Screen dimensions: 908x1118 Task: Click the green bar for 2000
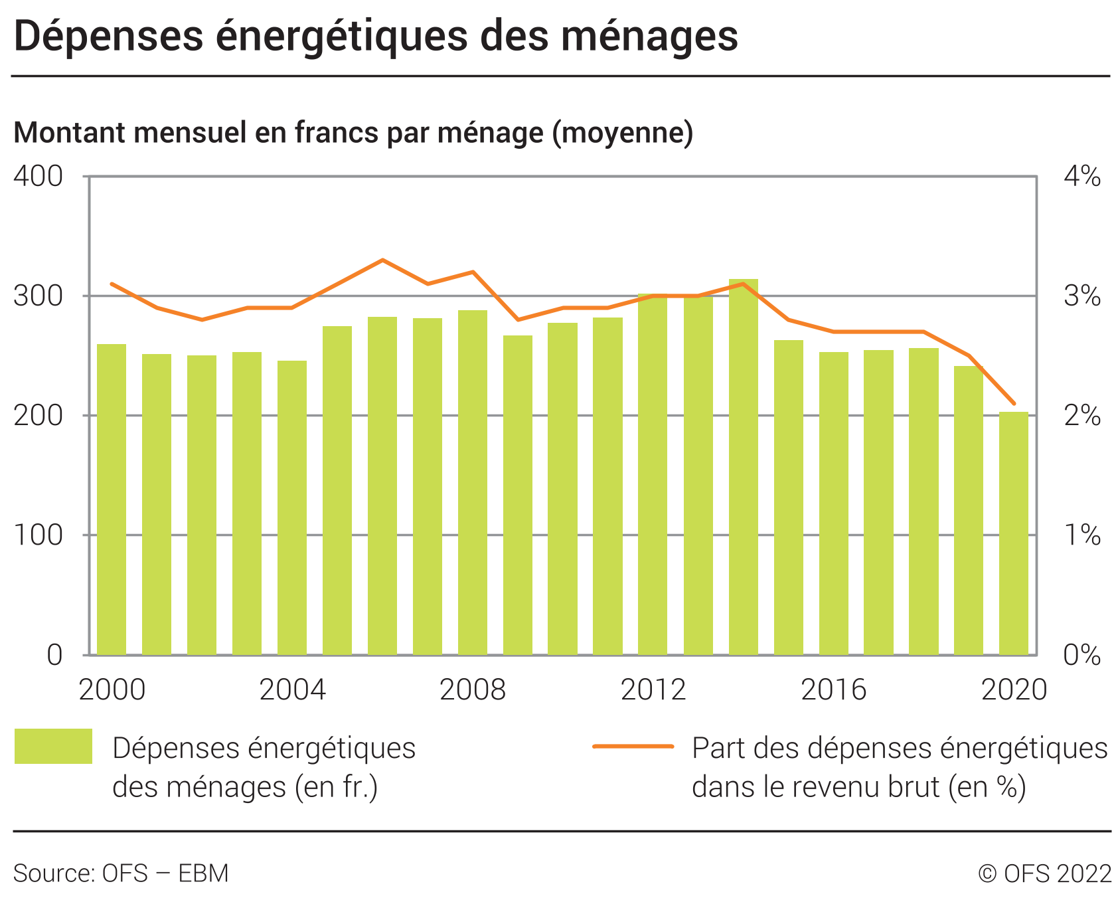[x=112, y=498]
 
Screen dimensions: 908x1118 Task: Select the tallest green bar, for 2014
[x=743, y=465]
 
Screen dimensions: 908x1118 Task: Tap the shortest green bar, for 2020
[x=1014, y=531]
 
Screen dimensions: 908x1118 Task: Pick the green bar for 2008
[x=473, y=482]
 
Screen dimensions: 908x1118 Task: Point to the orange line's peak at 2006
[x=382, y=260]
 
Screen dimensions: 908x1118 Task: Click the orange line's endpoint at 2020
[x=1014, y=403]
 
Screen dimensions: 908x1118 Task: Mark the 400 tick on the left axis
[x=38, y=177]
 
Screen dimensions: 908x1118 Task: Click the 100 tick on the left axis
[x=38, y=535]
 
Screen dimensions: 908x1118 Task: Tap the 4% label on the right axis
[x=1081, y=177]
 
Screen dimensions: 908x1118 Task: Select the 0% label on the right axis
[x=1081, y=656]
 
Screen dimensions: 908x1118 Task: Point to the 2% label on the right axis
[x=1081, y=416]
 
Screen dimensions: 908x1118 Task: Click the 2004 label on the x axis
[x=292, y=690]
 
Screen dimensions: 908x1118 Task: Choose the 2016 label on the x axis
[x=833, y=690]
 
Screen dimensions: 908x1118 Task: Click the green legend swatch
[x=53, y=746]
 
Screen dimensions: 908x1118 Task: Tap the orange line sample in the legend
[x=633, y=747]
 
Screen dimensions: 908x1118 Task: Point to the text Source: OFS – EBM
[x=121, y=873]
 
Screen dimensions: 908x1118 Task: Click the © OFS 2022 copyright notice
[x=1044, y=873]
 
